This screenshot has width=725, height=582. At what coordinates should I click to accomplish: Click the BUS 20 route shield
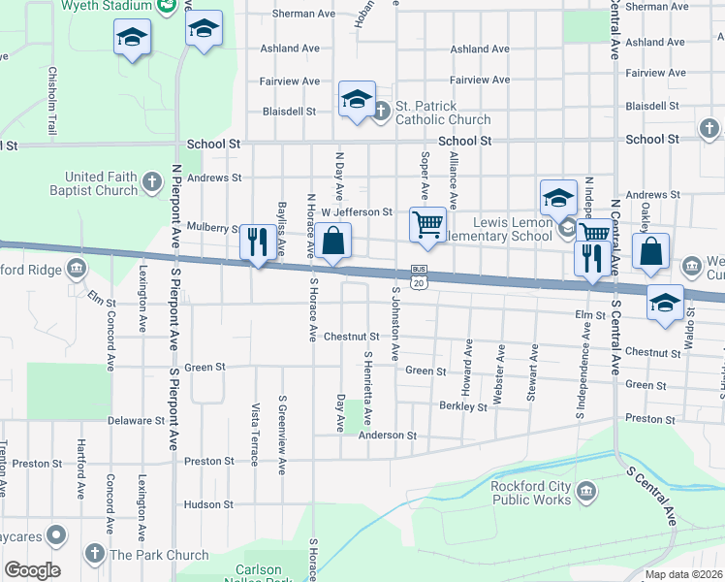(419, 276)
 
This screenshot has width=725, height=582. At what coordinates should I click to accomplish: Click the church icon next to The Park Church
(94, 554)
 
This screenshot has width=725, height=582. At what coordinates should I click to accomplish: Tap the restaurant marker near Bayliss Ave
(257, 242)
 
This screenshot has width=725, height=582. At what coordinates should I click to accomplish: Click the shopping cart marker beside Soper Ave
(427, 224)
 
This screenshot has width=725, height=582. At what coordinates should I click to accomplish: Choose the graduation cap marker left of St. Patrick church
(357, 99)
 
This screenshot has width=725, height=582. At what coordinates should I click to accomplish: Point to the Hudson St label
(208, 504)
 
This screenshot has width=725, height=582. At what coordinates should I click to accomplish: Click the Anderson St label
(387, 436)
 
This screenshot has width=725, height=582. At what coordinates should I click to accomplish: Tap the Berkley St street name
(462, 406)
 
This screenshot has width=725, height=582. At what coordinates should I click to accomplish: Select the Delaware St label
(136, 421)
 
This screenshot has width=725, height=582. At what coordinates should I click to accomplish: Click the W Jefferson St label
(357, 211)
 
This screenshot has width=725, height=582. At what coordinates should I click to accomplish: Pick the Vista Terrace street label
(255, 434)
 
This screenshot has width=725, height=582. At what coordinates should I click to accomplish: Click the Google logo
(32, 570)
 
